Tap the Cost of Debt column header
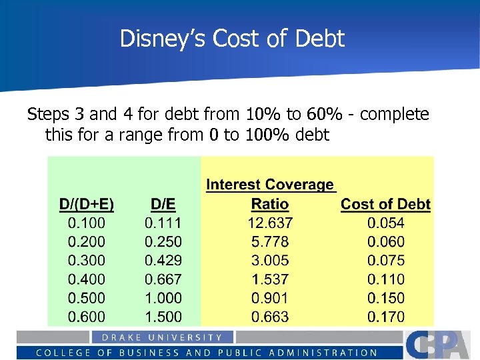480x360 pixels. (x=385, y=205)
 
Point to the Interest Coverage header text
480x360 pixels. (x=270, y=185)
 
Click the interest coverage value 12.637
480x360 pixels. (x=270, y=223)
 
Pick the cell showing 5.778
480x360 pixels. (x=270, y=242)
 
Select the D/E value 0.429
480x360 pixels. (x=163, y=261)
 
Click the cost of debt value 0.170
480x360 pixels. (x=385, y=317)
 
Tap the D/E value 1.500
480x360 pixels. (x=163, y=317)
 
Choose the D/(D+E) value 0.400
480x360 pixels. (x=87, y=279)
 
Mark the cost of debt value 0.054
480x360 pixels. (x=385, y=223)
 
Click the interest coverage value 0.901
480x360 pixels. (x=270, y=298)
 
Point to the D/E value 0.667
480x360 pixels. (x=163, y=279)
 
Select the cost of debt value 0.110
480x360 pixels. (x=385, y=279)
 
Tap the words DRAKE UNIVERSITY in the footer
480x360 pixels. (x=162, y=337)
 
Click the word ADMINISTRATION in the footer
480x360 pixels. (x=327, y=353)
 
